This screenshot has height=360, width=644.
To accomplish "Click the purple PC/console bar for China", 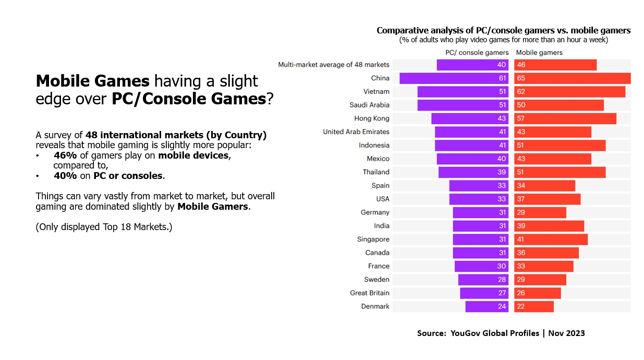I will coord(454,78).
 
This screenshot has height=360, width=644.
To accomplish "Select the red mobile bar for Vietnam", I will coord(569,92).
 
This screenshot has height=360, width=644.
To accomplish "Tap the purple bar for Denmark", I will coord(487,306).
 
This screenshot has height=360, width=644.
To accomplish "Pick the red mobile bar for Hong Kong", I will coord(565,118).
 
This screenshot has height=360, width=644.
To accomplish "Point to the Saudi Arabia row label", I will coord(369,105).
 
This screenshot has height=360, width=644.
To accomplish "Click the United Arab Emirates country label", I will coord(356,132).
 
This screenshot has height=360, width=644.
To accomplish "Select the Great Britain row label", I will coord(370,293).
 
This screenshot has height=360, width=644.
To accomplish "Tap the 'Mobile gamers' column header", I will coord(539,53).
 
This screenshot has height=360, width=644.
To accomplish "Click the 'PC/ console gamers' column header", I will coord(477,53).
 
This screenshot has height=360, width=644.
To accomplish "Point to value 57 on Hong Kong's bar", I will coord(521,118).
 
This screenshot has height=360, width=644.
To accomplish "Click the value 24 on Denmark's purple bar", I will coord(502,306).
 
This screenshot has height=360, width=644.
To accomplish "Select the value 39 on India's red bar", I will coord(521,226).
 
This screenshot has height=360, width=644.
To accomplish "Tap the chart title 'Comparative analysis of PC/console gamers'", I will coord(503,30).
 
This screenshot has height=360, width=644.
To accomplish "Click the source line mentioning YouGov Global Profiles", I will coord(501,333).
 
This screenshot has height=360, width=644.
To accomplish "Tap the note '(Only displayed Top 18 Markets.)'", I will coord(104,227).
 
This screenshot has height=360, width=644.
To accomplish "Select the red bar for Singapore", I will coord(551,239).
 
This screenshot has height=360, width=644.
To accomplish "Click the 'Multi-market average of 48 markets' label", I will coord(334,65).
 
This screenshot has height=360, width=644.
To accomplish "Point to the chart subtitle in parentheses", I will coord(503,40).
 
